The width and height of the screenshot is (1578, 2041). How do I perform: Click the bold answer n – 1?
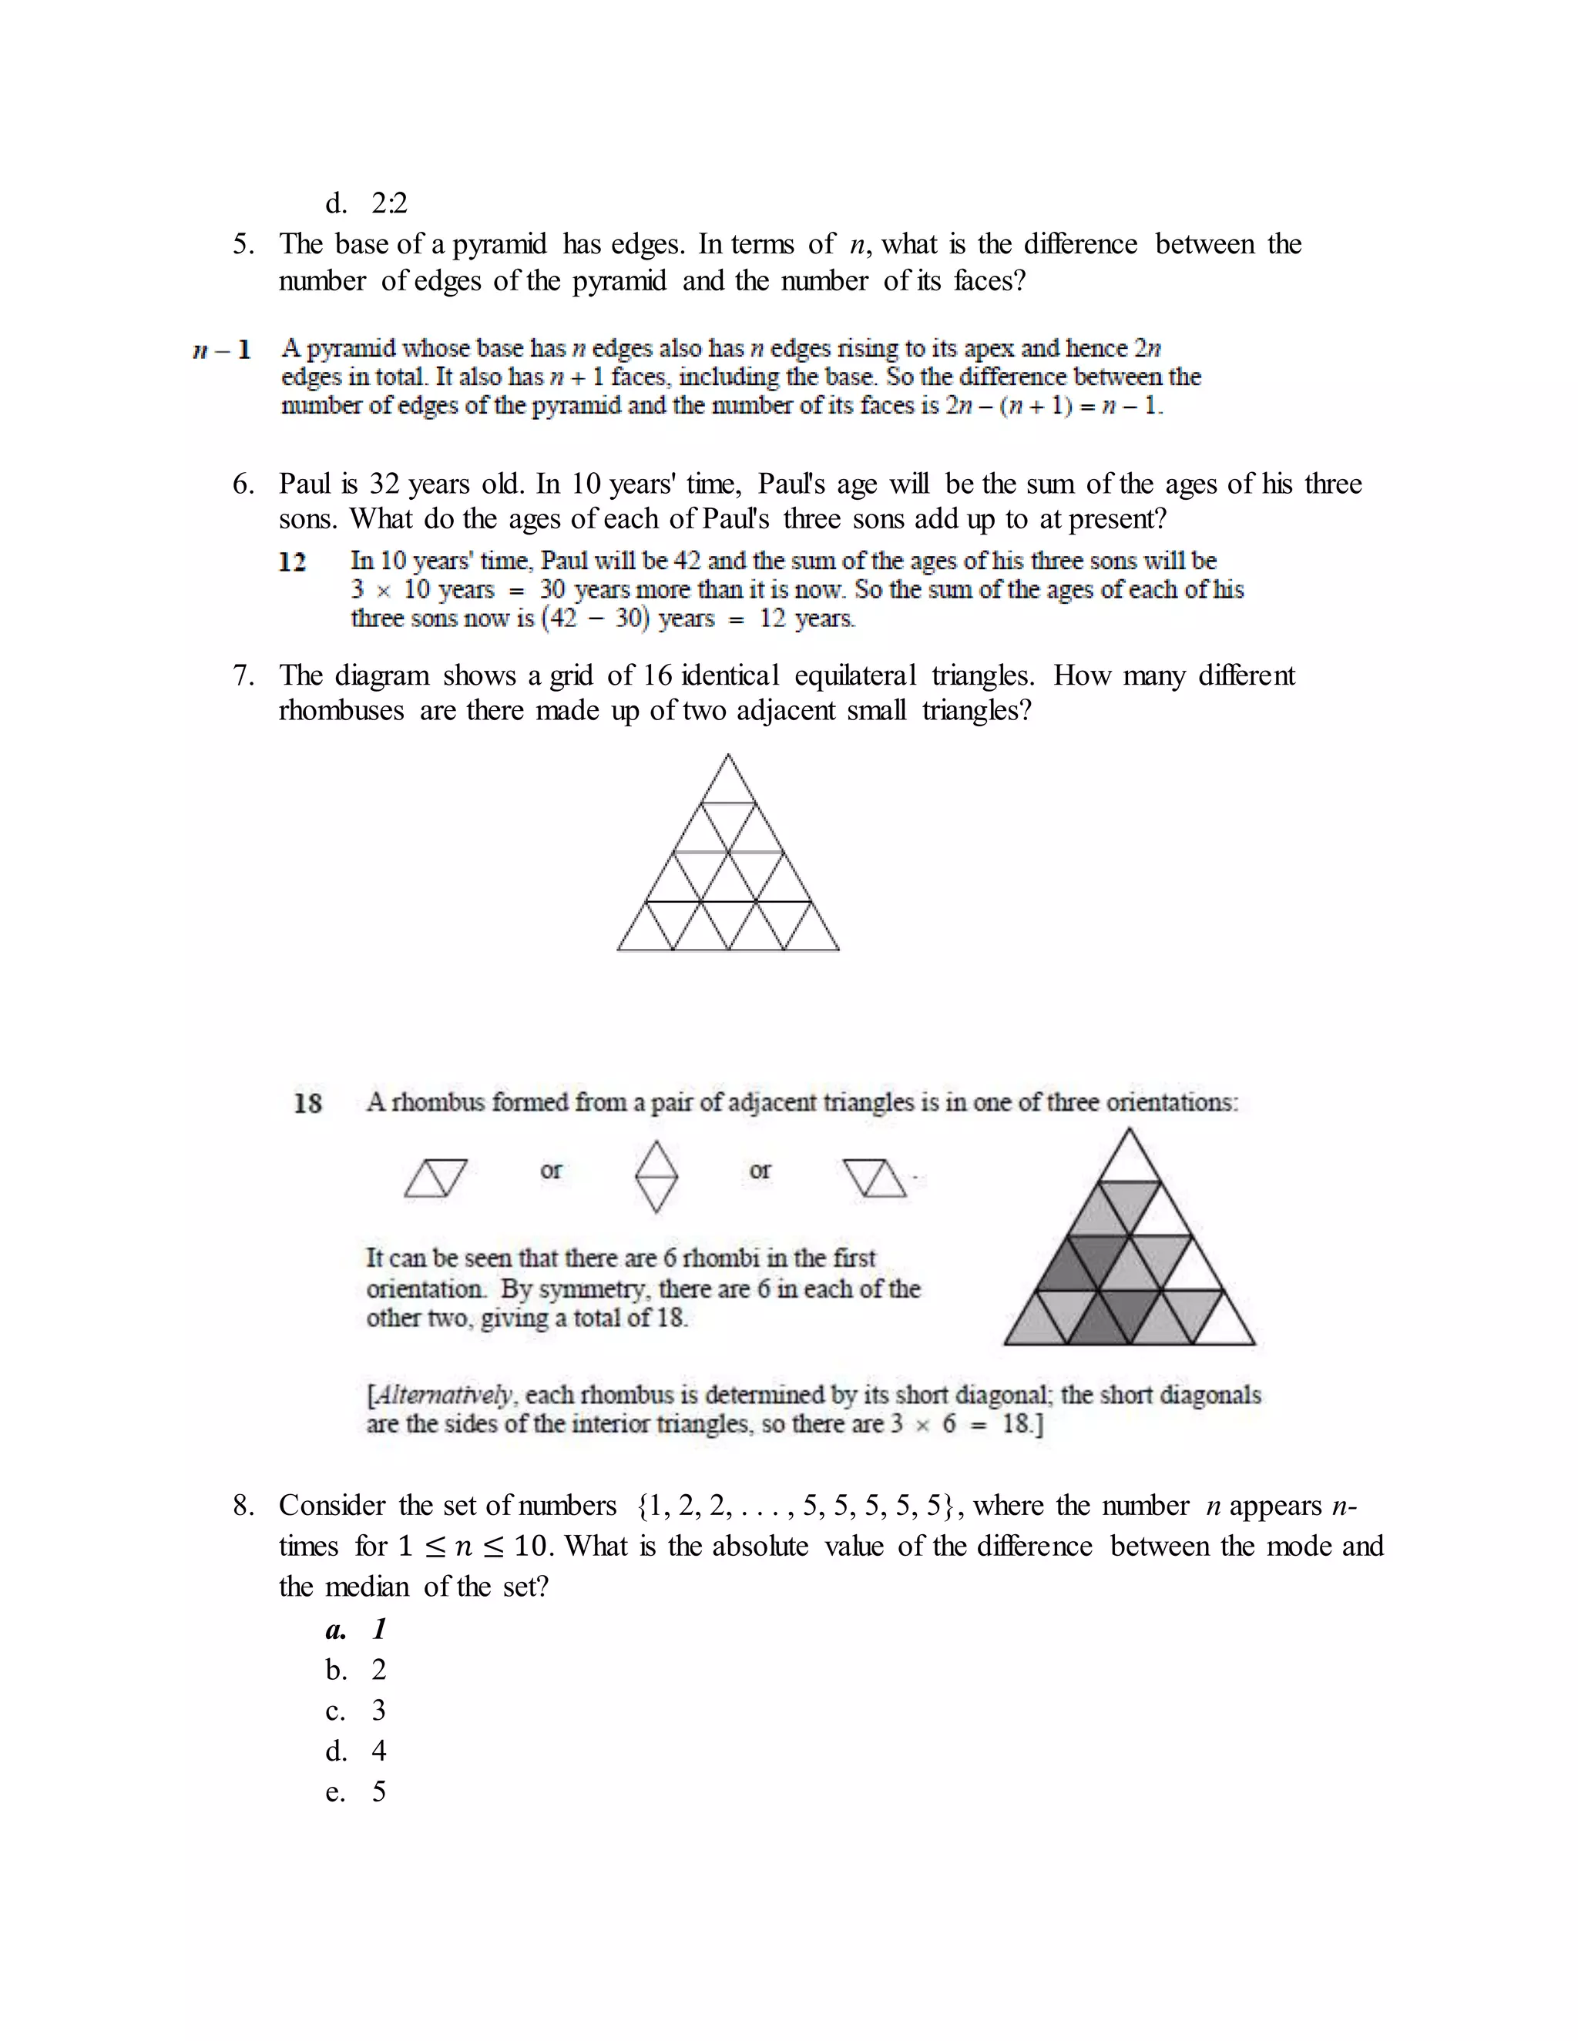pos(222,350)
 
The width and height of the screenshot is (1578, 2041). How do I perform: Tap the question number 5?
pos(242,245)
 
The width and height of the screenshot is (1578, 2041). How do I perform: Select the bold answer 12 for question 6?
pos(293,561)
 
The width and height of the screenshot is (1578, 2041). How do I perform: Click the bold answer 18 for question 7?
pos(307,1103)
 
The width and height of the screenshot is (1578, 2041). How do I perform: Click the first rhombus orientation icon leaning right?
pos(435,1178)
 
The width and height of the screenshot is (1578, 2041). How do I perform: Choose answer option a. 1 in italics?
pos(356,1630)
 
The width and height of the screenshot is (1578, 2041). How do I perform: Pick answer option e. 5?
pos(356,1791)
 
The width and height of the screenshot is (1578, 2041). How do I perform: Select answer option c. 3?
pos(356,1710)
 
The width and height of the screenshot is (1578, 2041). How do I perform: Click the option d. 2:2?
pos(367,203)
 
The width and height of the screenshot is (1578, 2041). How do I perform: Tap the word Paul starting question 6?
pos(305,484)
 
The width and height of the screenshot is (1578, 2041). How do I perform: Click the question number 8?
pos(242,1506)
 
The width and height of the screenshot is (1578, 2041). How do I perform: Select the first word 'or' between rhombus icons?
pos(551,1170)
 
